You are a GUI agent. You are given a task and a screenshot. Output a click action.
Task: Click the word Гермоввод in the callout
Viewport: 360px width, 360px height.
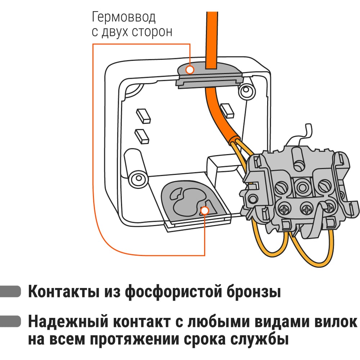click(124, 18)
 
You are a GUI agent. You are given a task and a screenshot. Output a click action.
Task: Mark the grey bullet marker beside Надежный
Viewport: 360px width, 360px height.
click(11, 321)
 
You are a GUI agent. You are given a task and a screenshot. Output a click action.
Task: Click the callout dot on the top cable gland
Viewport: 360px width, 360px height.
click(190, 69)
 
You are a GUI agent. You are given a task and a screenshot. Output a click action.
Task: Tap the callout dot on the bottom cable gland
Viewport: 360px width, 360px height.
click(204, 210)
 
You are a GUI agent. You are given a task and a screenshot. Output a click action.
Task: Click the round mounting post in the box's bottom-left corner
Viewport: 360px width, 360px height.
click(137, 178)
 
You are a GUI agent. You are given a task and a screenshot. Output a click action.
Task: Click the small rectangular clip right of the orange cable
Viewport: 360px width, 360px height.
click(228, 110)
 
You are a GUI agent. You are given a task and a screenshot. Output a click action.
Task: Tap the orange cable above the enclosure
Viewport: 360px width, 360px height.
click(211, 36)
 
